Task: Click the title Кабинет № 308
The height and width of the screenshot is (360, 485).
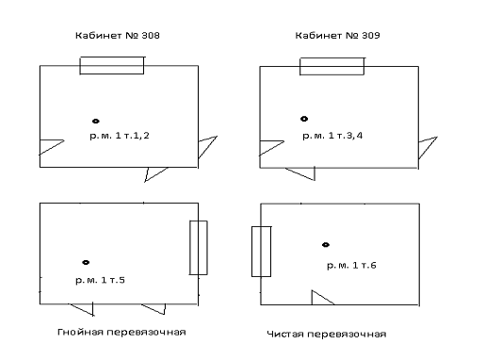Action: pos(118,36)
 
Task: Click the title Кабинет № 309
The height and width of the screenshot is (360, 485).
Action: pos(337,36)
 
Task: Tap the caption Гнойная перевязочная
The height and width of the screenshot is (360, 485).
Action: pos(121,332)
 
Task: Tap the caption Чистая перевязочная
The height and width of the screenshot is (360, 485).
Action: pos(327,334)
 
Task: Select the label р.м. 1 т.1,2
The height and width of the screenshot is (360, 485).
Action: pos(120,136)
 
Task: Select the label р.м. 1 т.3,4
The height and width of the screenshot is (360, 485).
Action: pos(332,136)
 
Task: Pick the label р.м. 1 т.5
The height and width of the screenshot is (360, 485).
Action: pos(100,280)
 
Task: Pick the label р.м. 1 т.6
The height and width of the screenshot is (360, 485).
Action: pos(351,266)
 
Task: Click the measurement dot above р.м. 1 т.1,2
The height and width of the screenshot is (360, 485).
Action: pos(96,121)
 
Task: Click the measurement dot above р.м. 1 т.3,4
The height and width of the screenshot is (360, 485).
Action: pos(304,119)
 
